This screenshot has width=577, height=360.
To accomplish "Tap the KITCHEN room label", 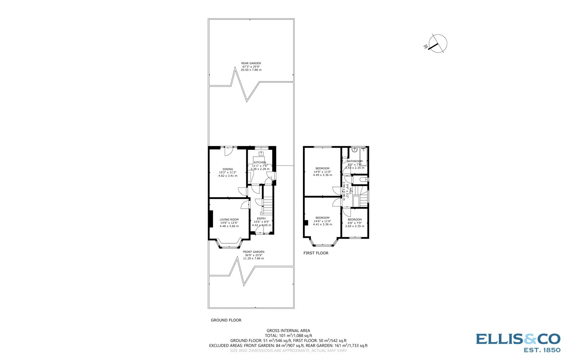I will (x=260, y=163).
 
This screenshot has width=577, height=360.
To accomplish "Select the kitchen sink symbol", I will (x=261, y=154).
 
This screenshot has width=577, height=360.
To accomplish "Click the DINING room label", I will (x=228, y=169).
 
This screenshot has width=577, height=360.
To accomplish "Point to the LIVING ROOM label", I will (x=229, y=219).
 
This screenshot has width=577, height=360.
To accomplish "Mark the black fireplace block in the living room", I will (x=210, y=219).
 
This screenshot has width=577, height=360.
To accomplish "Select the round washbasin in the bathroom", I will (x=354, y=149).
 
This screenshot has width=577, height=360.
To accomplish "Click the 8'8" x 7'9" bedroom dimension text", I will (x=354, y=223).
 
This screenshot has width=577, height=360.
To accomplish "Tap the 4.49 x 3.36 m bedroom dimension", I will (x=322, y=175).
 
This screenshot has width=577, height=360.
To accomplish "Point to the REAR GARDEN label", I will (x=251, y=63).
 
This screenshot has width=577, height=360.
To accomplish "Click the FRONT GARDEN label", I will (x=254, y=252).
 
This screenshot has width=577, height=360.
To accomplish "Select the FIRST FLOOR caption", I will (x=316, y=253).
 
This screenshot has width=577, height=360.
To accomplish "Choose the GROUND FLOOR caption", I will (x=226, y=320).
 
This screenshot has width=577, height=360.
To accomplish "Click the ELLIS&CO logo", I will (x=518, y=342).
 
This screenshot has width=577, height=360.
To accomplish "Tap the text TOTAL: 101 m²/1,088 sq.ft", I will (x=288, y=335).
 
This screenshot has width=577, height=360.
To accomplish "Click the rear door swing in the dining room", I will (x=228, y=152).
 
